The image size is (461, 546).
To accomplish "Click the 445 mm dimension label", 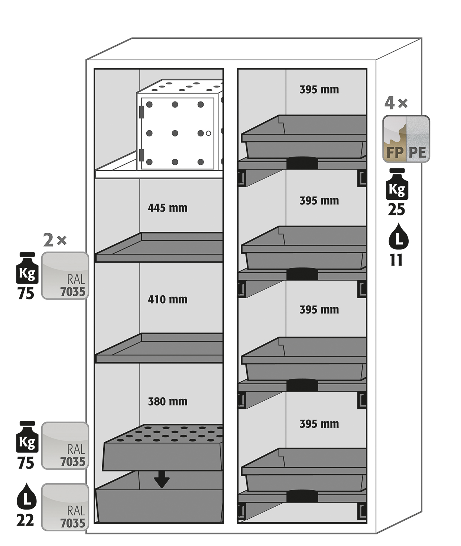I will tap(168, 208).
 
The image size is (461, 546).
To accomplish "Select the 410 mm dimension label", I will tap(168, 299).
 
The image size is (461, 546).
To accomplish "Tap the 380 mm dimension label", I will tap(168, 401).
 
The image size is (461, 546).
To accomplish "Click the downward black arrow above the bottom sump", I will tap(162, 479).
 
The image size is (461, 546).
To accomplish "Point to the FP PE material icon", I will tap(406, 139).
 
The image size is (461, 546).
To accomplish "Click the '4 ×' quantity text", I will tap(396, 103).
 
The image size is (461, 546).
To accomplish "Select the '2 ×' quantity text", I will tap(55, 240).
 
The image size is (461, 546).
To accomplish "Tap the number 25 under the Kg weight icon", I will tap(396, 210).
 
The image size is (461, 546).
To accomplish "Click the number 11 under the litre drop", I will tap(396, 260).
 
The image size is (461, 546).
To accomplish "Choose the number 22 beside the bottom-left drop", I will tap(25, 520).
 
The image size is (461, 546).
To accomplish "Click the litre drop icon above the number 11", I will tap(398, 237).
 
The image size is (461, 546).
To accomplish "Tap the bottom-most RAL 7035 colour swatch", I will tap(65, 507).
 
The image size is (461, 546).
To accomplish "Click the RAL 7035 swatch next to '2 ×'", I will tap(65, 276).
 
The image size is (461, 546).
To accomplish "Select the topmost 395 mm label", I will tap(319, 90).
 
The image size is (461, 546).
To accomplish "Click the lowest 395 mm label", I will tap(319, 424).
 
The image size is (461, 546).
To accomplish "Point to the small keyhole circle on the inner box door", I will tap(208, 133).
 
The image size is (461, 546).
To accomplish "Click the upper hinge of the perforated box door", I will tap(142, 112).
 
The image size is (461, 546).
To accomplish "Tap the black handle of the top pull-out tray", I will tap(302, 163).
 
